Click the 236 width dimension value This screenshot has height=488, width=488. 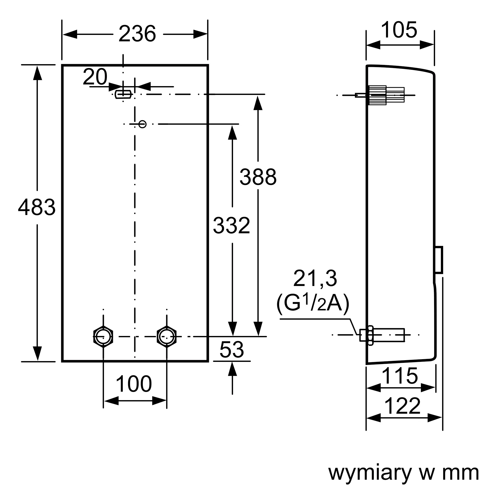[137, 34]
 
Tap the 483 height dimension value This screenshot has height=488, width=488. [37, 207]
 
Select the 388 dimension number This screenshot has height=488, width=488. [258, 177]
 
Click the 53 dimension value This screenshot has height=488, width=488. [232, 350]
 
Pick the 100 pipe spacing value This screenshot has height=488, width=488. [134, 384]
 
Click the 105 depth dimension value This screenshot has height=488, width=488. [399, 30]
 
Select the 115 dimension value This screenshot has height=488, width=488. [400, 376]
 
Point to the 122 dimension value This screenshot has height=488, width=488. [402, 406]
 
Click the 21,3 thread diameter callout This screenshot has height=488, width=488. [315, 279]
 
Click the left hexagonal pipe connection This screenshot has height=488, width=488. [103, 336]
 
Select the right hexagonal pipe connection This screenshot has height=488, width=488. [166, 336]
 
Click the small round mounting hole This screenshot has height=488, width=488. [142, 124]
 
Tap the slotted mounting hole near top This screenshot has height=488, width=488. [123, 94]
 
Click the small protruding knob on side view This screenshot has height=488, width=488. [439, 260]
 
